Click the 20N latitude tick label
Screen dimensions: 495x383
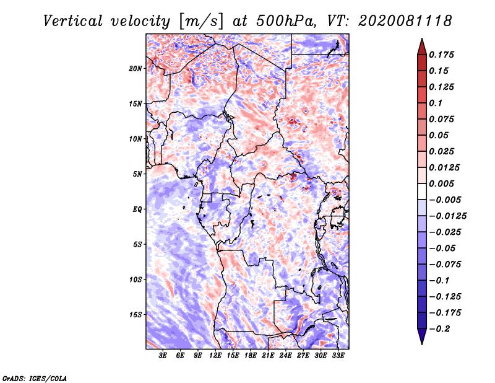[135, 69]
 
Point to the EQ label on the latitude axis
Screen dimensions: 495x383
[137, 209]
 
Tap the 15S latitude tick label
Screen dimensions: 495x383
[136, 315]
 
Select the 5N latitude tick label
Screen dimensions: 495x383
[137, 174]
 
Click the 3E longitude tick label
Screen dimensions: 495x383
[163, 356]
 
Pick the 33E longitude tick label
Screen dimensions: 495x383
[338, 356]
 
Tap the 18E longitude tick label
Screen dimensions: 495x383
[251, 356]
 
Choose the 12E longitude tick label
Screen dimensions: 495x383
[215, 356]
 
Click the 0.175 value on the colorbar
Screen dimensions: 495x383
[441, 55]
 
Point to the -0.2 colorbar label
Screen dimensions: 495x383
[439, 329]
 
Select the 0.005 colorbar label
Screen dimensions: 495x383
[441, 183]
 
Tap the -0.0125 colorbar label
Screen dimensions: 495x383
[447, 216]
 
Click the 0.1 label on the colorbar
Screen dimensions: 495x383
[436, 103]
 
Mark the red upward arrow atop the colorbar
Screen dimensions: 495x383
[422, 46]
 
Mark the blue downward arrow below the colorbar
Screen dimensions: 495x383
[422, 337]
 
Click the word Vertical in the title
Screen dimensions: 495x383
[73, 21]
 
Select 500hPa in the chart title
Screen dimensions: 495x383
[286, 21]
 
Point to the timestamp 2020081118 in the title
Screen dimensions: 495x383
[405, 21]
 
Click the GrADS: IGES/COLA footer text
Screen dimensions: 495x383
[35, 379]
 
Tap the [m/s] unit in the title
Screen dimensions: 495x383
[201, 22]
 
